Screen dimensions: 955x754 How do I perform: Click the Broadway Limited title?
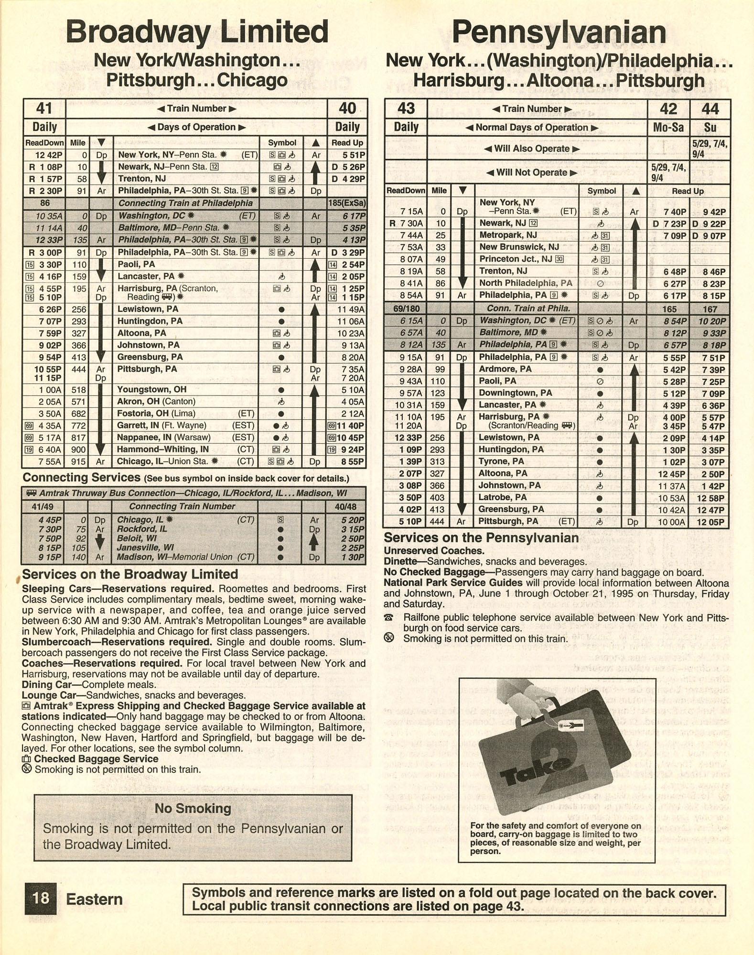point(197,32)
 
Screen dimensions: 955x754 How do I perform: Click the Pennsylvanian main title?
point(559,33)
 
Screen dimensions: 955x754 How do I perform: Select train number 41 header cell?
point(44,109)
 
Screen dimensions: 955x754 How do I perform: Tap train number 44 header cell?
point(710,109)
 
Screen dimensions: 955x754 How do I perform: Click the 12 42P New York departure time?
point(46,155)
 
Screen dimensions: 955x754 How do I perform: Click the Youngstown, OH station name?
point(152,389)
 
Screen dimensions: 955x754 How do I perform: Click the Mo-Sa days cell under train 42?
point(668,127)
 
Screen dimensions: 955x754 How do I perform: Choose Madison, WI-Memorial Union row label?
point(175,557)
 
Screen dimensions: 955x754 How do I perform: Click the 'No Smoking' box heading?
point(193,808)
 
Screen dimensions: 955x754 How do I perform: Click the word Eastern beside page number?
point(94,899)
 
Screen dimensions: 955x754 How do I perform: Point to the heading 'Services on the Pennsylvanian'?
point(481,538)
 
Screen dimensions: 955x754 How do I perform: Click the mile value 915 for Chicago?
point(78,461)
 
